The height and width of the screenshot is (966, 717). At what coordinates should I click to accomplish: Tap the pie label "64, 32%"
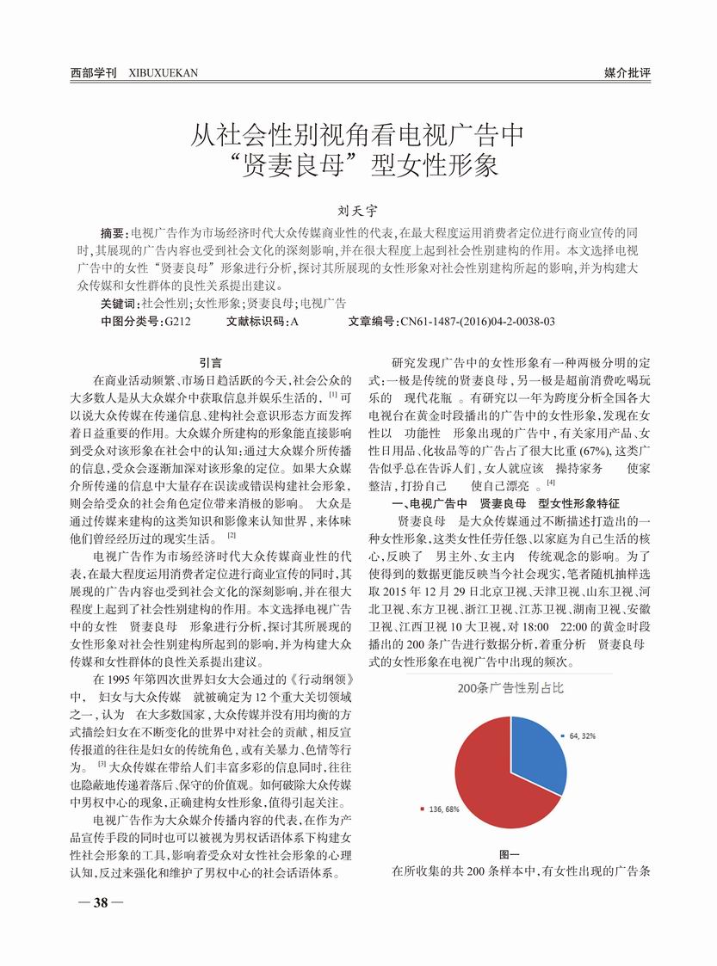583,736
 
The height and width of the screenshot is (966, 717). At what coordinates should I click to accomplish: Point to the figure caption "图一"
510,853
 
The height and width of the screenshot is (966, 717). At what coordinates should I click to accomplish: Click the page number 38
101,902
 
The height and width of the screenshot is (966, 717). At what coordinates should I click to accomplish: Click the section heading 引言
211,362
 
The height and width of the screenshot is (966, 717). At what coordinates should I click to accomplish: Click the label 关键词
119,303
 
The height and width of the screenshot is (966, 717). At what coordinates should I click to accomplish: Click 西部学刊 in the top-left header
94,73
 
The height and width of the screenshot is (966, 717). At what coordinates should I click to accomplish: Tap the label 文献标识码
257,321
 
